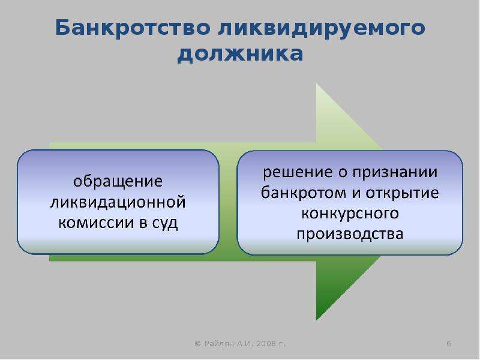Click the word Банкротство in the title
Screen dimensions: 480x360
[x=133, y=28]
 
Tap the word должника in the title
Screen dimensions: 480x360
[x=241, y=55]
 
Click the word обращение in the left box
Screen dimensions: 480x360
[x=118, y=182]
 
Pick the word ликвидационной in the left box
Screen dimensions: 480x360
[x=118, y=203]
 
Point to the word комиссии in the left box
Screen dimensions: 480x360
[x=95, y=223]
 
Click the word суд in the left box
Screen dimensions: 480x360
[x=164, y=223]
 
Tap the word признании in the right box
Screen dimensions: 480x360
[x=395, y=172]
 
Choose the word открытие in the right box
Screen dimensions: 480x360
[x=402, y=193]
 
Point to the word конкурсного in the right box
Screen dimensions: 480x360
[x=350, y=214]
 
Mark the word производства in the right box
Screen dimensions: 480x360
[x=350, y=234]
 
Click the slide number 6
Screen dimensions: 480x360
[x=448, y=343]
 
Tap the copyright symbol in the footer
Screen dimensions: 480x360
[x=197, y=344]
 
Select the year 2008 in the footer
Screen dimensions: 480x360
[x=266, y=343]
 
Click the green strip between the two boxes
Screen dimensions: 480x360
[x=229, y=202]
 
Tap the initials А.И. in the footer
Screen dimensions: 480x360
[x=245, y=343]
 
